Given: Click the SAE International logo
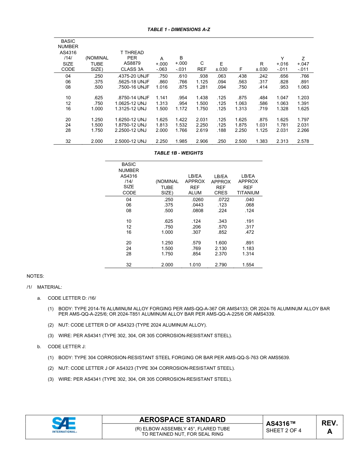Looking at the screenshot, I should point(64,425).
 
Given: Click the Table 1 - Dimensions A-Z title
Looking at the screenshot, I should point(179,30).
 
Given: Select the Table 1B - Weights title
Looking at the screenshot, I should point(178,153).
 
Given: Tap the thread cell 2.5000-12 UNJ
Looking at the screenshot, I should point(130,141).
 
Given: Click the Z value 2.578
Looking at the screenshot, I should point(303,141).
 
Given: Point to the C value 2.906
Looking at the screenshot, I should point(202,141).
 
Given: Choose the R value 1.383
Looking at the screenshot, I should point(261,141).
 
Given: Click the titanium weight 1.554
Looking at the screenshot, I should point(248,265).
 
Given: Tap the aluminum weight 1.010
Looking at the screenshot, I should point(195,265).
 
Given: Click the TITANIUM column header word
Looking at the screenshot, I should point(248,193).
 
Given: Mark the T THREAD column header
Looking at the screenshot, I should point(132,53).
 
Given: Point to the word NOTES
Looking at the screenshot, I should point(35,276).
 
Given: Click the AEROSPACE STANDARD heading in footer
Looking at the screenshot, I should point(182,419).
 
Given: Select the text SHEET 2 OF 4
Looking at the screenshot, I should point(284,430).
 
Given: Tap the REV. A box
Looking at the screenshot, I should point(329,427).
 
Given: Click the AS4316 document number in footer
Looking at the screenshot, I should point(280,423).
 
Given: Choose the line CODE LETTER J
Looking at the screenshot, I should point(66,347).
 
